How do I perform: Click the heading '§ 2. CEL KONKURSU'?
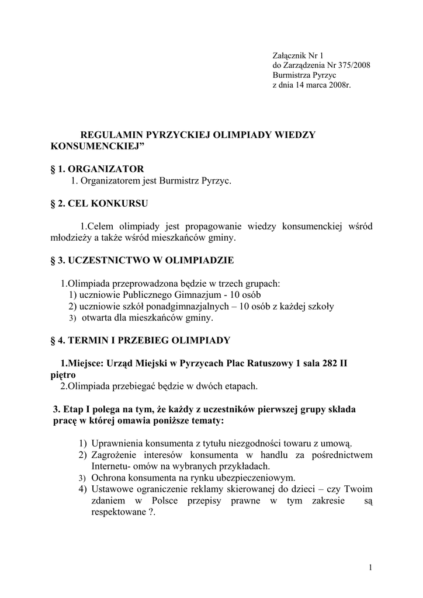[x=99, y=204]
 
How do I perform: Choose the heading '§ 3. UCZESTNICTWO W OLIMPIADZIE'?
[x=142, y=260]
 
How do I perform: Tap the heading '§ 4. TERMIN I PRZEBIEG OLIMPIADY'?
[x=140, y=340]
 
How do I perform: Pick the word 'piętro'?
[x=64, y=375]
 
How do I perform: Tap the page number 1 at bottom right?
[x=371, y=567]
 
